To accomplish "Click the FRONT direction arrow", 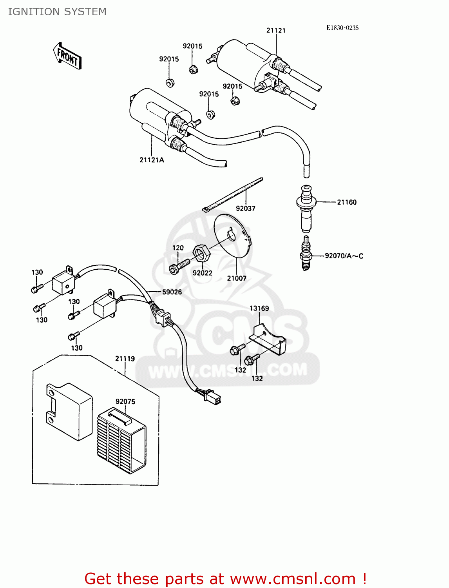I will pyautogui.click(x=67, y=56).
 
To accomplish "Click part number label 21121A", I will pyautogui.click(x=152, y=160).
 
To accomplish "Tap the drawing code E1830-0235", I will pyautogui.click(x=342, y=28).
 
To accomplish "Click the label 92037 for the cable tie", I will pyautogui.click(x=246, y=209).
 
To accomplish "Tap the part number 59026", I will pyautogui.click(x=172, y=292).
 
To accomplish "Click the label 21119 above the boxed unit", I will pyautogui.click(x=125, y=359).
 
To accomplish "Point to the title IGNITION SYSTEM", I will pyautogui.click(x=57, y=12).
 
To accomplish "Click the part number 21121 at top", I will pyautogui.click(x=276, y=31).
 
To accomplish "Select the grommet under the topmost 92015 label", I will pyautogui.click(x=193, y=69).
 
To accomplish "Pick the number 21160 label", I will pyautogui.click(x=347, y=202).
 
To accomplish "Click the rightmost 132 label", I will pyautogui.click(x=257, y=378).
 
